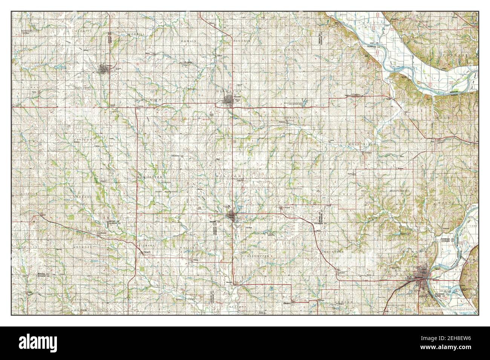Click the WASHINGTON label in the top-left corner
pos(31,30)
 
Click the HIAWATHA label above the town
pos(228,92)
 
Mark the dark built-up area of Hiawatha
pos(228,101)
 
